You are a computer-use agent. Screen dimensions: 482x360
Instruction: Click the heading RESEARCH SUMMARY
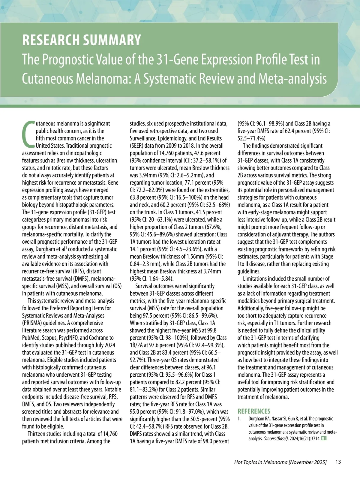(x=82, y=40)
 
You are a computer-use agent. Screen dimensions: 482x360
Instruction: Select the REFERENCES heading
(x=254, y=411)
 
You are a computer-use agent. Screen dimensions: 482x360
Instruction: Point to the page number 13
(x=338, y=462)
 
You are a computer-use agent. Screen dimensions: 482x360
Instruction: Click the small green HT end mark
(x=324, y=438)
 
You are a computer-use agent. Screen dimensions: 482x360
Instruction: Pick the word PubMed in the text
(x=31, y=338)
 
